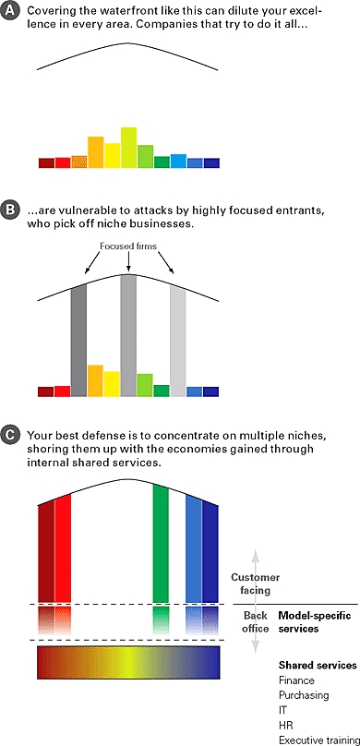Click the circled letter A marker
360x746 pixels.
click(9, 11)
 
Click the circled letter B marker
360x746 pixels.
click(9, 211)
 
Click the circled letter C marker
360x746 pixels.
click(9, 435)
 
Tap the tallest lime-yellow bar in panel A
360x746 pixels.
click(128, 148)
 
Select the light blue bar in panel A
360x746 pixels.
click(178, 161)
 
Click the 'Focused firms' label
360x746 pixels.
click(128, 247)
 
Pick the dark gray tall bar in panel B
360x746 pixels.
click(78, 341)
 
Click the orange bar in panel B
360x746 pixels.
click(95, 380)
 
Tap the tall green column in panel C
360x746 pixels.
click(161, 544)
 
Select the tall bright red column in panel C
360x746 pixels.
click(63, 548)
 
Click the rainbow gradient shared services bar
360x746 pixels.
click(128, 662)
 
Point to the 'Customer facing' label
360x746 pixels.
click(256, 584)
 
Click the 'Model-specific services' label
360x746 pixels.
click(315, 622)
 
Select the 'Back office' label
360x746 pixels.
click(257, 622)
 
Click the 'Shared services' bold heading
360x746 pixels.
click(318, 665)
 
